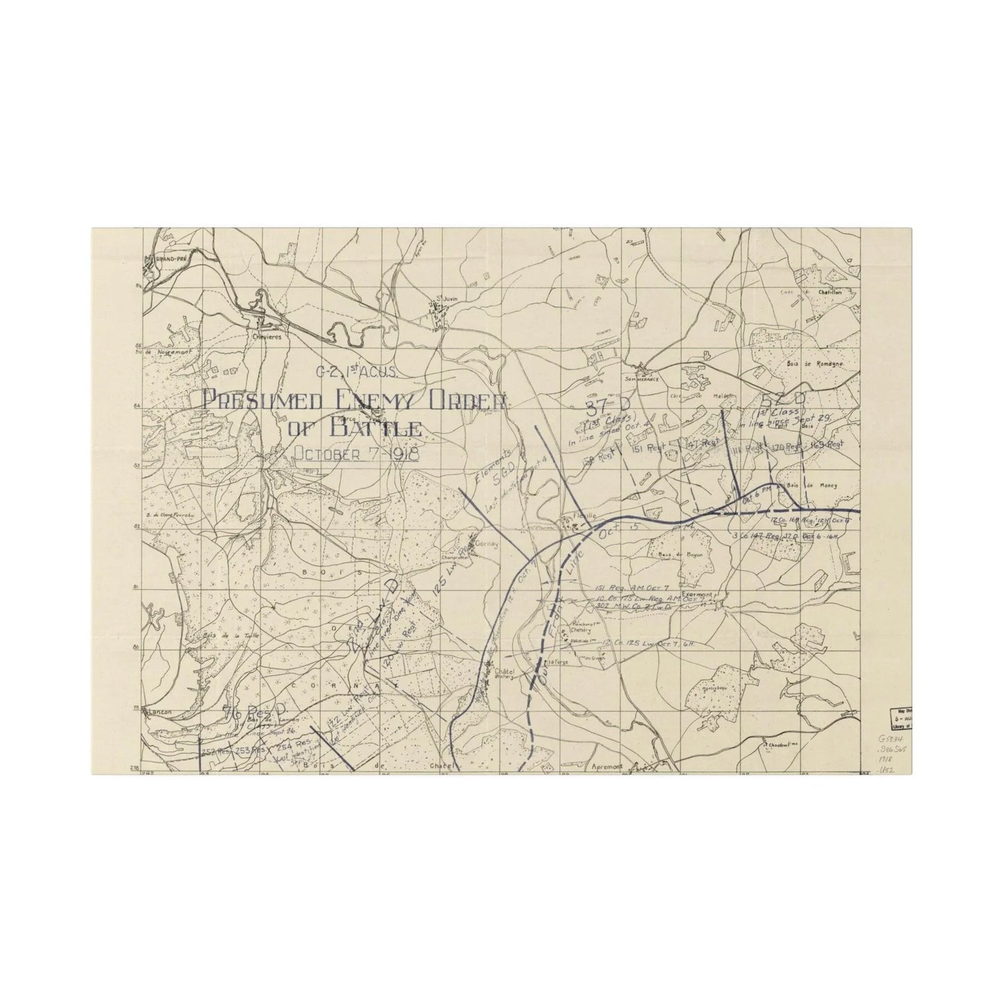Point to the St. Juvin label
(x=437, y=299)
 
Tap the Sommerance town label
(x=641, y=371)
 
